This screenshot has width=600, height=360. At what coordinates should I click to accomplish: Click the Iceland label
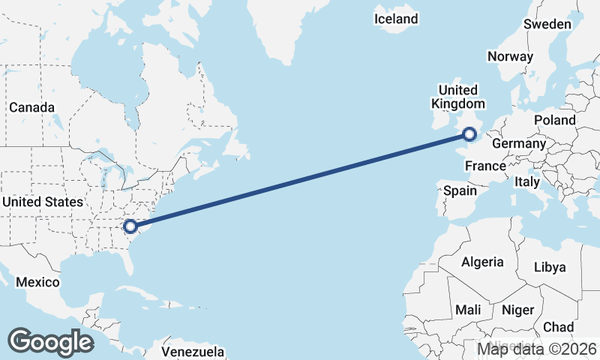click(x=397, y=19)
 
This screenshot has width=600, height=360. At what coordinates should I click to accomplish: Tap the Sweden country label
click(x=547, y=24)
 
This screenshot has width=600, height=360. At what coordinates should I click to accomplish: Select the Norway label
click(x=510, y=56)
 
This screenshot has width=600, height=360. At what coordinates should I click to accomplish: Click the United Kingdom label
click(x=457, y=97)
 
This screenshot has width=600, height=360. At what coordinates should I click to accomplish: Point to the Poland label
click(x=555, y=120)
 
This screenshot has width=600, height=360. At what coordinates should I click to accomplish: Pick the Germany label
click(x=519, y=143)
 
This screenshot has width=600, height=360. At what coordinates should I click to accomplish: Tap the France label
click(x=485, y=166)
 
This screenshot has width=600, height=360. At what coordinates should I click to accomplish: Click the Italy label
click(x=527, y=181)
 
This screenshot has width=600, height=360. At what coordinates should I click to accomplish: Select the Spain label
click(x=460, y=190)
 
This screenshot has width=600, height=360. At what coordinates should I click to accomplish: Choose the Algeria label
click(x=482, y=262)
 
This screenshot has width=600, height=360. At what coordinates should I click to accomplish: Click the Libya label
click(x=551, y=267)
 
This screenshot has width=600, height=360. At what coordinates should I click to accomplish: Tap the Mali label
click(x=469, y=310)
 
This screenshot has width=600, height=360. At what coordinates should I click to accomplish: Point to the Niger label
click(x=517, y=310)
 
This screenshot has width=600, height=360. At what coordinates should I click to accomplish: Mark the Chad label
click(x=559, y=327)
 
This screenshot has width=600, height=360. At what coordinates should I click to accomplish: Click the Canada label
click(x=31, y=107)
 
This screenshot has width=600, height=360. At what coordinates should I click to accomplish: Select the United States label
click(x=43, y=202)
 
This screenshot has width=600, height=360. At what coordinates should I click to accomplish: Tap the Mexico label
click(x=37, y=282)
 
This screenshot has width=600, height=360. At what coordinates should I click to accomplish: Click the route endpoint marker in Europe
click(x=469, y=135)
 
